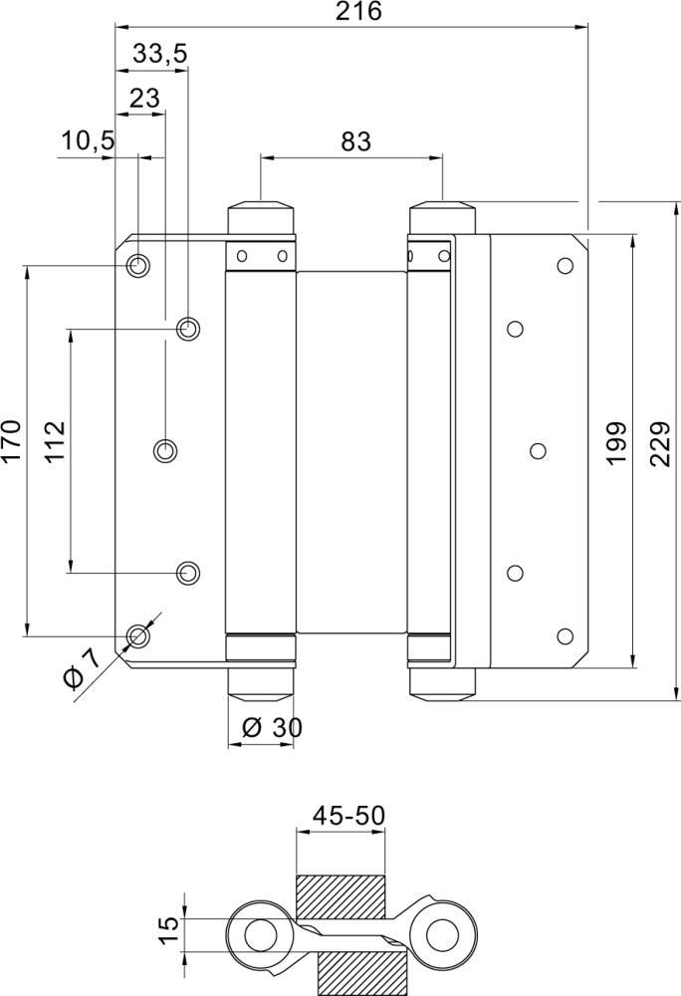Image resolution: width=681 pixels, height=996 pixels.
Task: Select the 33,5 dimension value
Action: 159,55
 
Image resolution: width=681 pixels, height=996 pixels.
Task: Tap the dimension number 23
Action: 143,98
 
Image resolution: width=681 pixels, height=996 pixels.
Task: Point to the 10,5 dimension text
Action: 87,141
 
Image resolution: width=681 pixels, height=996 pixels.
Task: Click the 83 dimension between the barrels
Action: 354,141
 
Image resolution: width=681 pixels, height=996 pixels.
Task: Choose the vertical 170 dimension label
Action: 11,441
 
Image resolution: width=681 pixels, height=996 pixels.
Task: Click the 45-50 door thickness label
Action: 348,816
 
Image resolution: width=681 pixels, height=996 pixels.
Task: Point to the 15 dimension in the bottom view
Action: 170,929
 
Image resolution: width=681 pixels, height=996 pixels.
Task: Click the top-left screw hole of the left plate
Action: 138,266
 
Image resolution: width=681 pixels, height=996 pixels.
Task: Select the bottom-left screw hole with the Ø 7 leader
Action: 138,635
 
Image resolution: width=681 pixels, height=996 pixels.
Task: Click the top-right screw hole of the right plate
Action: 566,265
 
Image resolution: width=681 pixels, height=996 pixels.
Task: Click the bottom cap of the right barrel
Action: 442,682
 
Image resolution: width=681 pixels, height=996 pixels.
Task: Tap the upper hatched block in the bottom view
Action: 340,897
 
